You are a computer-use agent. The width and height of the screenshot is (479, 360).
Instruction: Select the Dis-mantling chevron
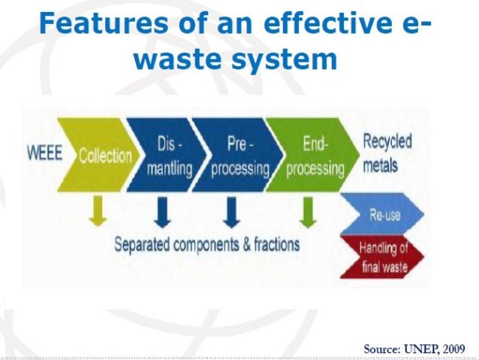pyautogui.click(x=167, y=156)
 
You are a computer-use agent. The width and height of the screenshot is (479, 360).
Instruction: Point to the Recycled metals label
pyautogui.click(x=387, y=153)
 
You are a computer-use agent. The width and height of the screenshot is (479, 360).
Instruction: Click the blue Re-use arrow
pyautogui.click(x=384, y=216)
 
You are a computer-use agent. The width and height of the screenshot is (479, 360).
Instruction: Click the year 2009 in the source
pyautogui.click(x=453, y=349)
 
